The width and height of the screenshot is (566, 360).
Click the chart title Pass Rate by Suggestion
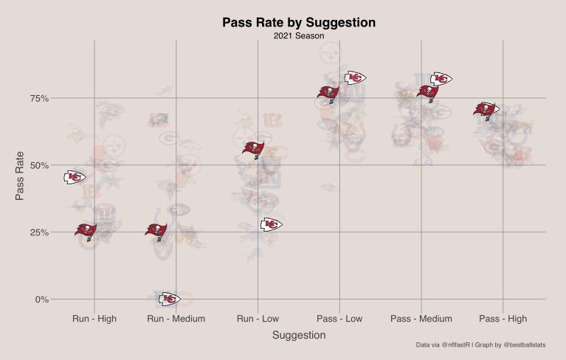[x=299, y=23]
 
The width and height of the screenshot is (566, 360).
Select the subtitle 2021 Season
[x=299, y=35]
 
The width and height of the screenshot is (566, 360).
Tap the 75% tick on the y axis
[x=39, y=98]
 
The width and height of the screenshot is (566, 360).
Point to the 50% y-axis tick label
[x=39, y=165]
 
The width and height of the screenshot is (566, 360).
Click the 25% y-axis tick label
[x=39, y=232]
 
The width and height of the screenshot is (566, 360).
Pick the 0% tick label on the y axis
[x=42, y=300]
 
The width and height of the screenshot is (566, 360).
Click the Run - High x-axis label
[x=94, y=319]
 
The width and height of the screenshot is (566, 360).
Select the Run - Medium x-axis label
[x=176, y=319]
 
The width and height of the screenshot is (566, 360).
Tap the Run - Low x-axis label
[x=258, y=319]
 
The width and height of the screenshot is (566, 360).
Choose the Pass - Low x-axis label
[x=339, y=319]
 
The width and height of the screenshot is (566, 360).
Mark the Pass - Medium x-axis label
[x=421, y=319]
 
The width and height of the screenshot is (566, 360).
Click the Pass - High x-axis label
[x=503, y=319]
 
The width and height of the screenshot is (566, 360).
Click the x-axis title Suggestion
[x=299, y=335]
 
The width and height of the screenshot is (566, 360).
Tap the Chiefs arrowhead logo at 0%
[x=169, y=299]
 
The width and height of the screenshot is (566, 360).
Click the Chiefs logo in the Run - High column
[x=75, y=177]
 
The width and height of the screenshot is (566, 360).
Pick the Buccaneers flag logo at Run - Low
[x=253, y=150]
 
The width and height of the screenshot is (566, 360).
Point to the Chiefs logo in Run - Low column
[x=271, y=224]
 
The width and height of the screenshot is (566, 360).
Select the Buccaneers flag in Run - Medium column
[x=156, y=232]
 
